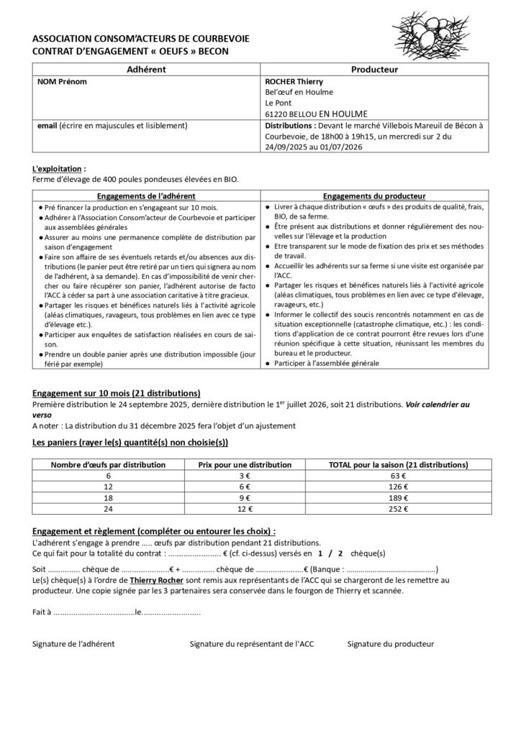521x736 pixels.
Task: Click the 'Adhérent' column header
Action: click(146, 70)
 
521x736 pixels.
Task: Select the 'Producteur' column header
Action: click(374, 70)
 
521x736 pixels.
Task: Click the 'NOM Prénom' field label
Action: click(62, 82)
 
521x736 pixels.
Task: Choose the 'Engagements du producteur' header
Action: click(373, 195)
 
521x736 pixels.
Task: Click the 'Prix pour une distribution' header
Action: click(245, 464)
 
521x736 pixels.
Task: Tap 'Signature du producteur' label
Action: click(390, 644)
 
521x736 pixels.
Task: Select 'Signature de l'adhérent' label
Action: click(73, 644)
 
